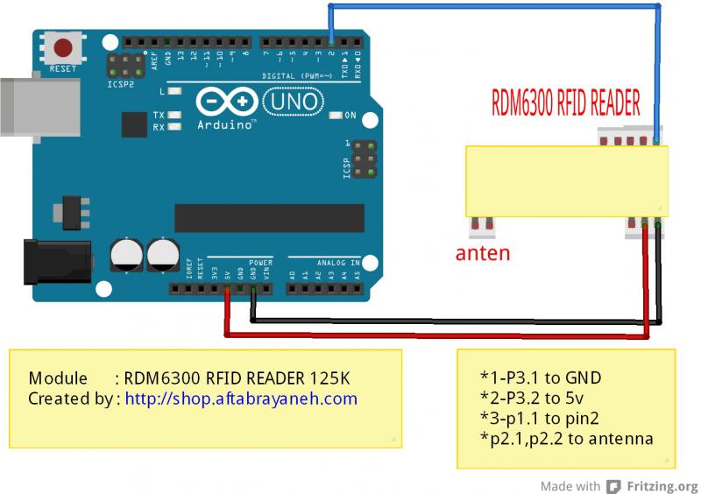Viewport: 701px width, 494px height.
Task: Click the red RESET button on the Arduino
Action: (x=62, y=48)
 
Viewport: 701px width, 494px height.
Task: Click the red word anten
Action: (x=482, y=254)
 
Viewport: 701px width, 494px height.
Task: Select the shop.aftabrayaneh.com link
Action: (x=241, y=399)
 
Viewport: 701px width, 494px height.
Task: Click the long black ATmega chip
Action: (x=268, y=218)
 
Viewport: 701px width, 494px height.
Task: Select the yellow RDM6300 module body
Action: (x=566, y=180)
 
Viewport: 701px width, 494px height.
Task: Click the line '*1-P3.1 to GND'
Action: (x=540, y=378)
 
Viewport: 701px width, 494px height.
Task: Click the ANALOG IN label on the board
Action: (x=325, y=262)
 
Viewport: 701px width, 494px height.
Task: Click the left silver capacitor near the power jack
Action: (x=128, y=256)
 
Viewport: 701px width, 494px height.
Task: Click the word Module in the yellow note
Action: (x=58, y=379)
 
